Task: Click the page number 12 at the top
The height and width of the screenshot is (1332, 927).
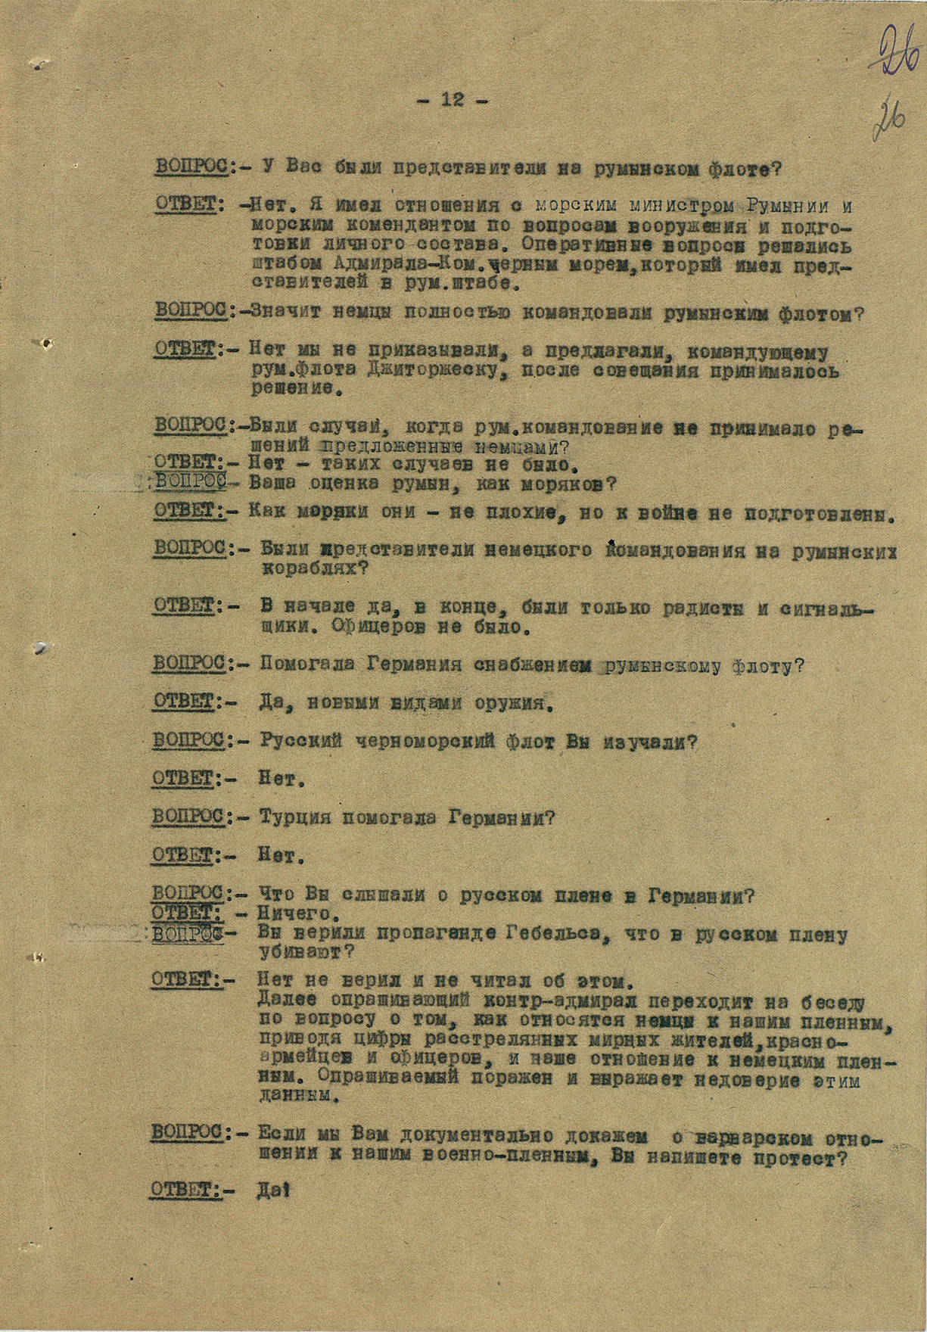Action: [453, 99]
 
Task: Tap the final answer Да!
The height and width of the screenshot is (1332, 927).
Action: [273, 1189]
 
